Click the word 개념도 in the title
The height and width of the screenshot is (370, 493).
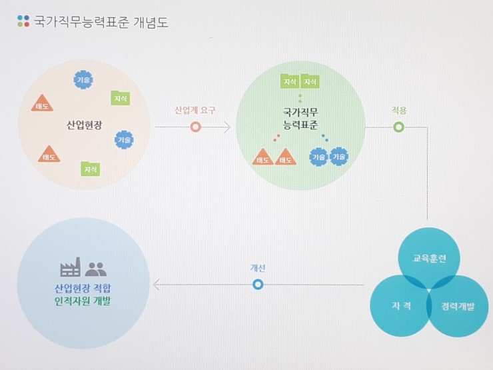pos(151,22)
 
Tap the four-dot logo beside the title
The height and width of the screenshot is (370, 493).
pos(23,21)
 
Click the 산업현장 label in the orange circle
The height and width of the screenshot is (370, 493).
pos(85,125)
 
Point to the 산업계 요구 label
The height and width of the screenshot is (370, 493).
pos(195,110)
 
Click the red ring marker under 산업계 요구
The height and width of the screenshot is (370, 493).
pos(195,127)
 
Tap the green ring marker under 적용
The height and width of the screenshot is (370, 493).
pos(398,127)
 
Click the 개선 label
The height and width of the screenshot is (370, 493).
pos(258,268)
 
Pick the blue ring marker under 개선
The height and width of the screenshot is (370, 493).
pos(258,285)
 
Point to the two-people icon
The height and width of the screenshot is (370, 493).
pos(96,269)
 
